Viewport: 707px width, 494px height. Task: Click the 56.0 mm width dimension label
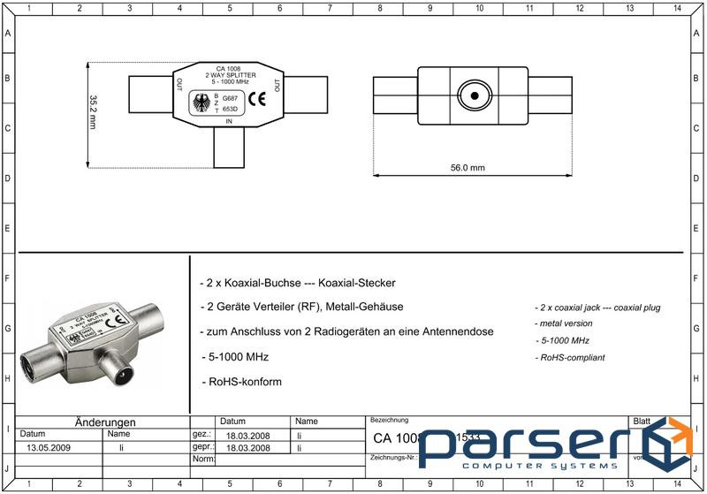tap(468, 167)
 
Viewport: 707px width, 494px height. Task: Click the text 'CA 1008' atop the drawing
tap(228, 68)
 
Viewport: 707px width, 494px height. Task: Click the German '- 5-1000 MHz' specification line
tap(234, 357)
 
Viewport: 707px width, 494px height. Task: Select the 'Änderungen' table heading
tap(105, 422)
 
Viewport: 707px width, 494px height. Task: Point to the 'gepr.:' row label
tap(201, 448)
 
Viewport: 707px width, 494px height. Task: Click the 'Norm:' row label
tap(202, 460)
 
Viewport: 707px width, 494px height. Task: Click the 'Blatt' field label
tap(642, 422)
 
